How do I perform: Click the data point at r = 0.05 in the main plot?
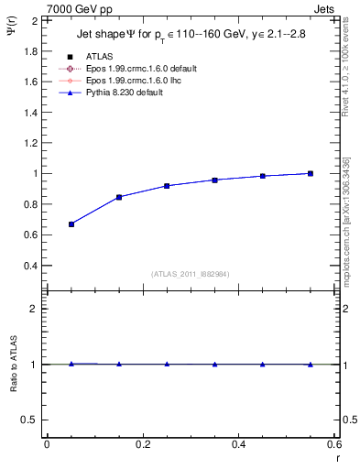(x=71, y=224)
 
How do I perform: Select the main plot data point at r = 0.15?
(x=119, y=197)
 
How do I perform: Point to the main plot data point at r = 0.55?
(x=311, y=173)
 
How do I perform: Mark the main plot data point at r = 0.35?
(x=214, y=180)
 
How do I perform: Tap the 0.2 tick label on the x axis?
(x=142, y=444)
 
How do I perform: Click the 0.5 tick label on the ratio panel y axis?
(x=27, y=420)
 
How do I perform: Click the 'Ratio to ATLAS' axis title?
(x=12, y=364)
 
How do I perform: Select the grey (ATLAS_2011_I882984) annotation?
(x=191, y=274)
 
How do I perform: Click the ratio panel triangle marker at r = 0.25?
(x=167, y=364)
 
